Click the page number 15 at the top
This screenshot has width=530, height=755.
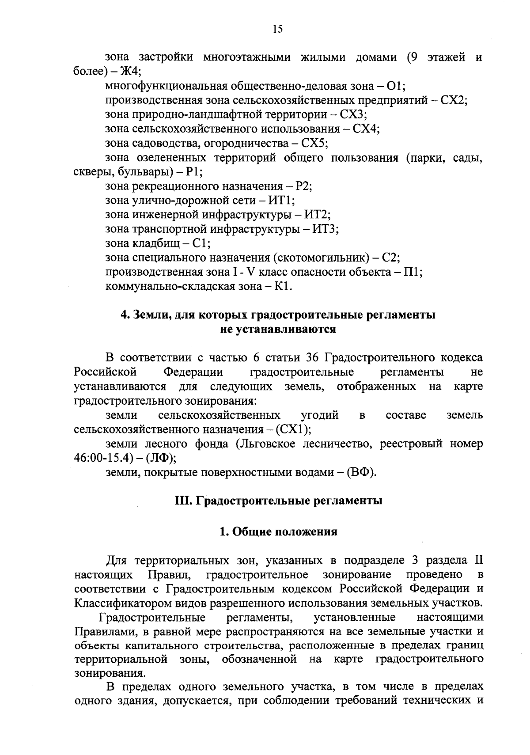coord(277,29)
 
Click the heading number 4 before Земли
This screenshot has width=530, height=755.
coord(124,315)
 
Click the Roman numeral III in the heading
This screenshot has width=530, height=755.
coord(181,501)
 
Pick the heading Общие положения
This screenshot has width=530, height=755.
coord(284,531)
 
